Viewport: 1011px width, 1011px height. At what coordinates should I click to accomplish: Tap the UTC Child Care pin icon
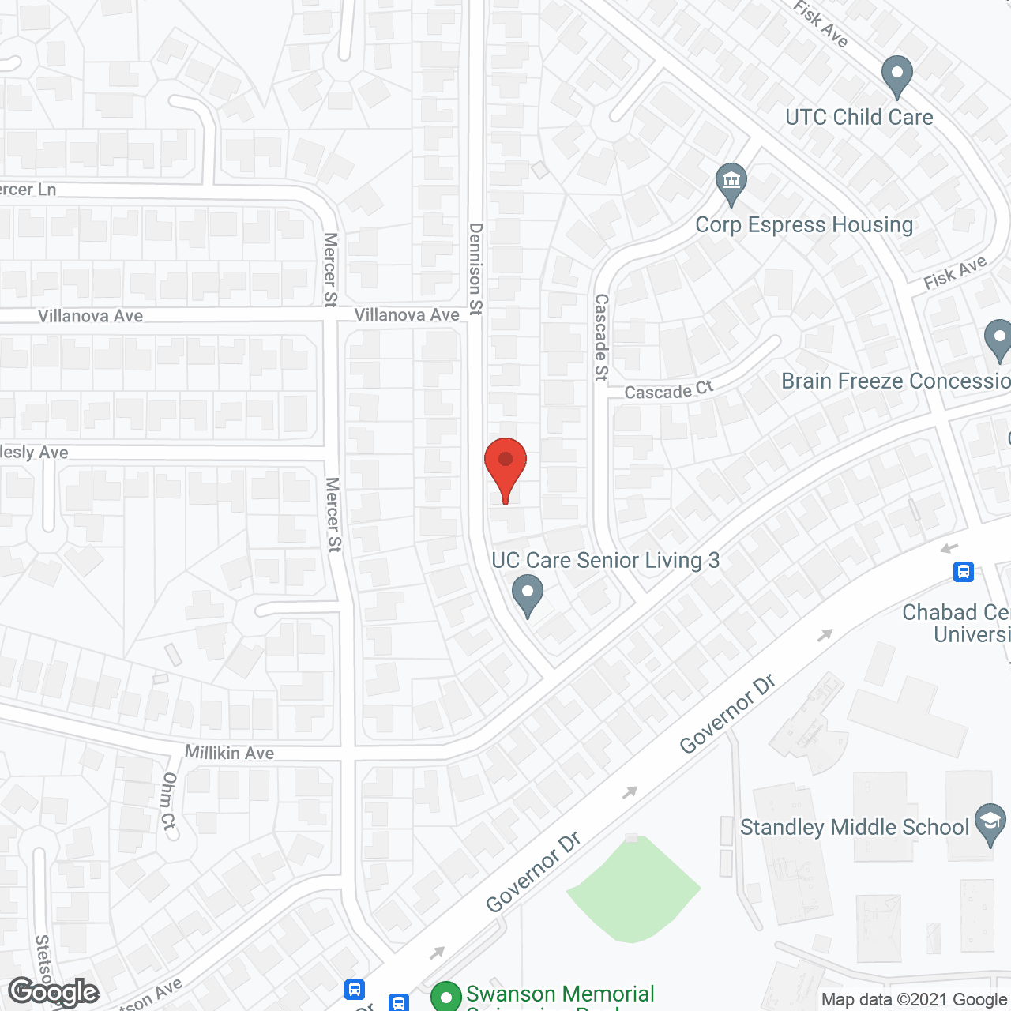click(896, 76)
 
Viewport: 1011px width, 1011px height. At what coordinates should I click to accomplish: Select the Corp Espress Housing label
click(804, 225)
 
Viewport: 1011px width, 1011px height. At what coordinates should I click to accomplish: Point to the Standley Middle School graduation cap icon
click(990, 823)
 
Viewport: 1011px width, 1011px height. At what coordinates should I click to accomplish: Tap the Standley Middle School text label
click(854, 827)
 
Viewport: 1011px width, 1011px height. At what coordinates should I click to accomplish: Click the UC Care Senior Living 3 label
click(605, 561)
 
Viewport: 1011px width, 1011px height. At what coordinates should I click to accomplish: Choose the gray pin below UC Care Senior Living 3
click(528, 595)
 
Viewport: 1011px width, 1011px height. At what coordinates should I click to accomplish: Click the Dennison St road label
click(475, 269)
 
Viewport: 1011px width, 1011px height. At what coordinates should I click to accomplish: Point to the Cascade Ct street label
click(668, 390)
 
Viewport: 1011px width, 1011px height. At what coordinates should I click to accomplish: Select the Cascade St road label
click(602, 337)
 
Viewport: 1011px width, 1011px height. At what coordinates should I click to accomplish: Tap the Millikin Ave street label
click(229, 753)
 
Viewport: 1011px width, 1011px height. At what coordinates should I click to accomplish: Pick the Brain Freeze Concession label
click(896, 381)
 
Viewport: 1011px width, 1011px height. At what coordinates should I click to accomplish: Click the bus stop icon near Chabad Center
click(963, 572)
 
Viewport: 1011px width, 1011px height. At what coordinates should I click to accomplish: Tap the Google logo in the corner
click(53, 992)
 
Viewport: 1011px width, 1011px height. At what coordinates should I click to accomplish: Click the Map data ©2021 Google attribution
click(914, 1000)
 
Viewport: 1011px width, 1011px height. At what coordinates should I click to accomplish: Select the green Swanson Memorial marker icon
click(446, 997)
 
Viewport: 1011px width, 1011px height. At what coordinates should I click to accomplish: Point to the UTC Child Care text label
click(859, 118)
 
